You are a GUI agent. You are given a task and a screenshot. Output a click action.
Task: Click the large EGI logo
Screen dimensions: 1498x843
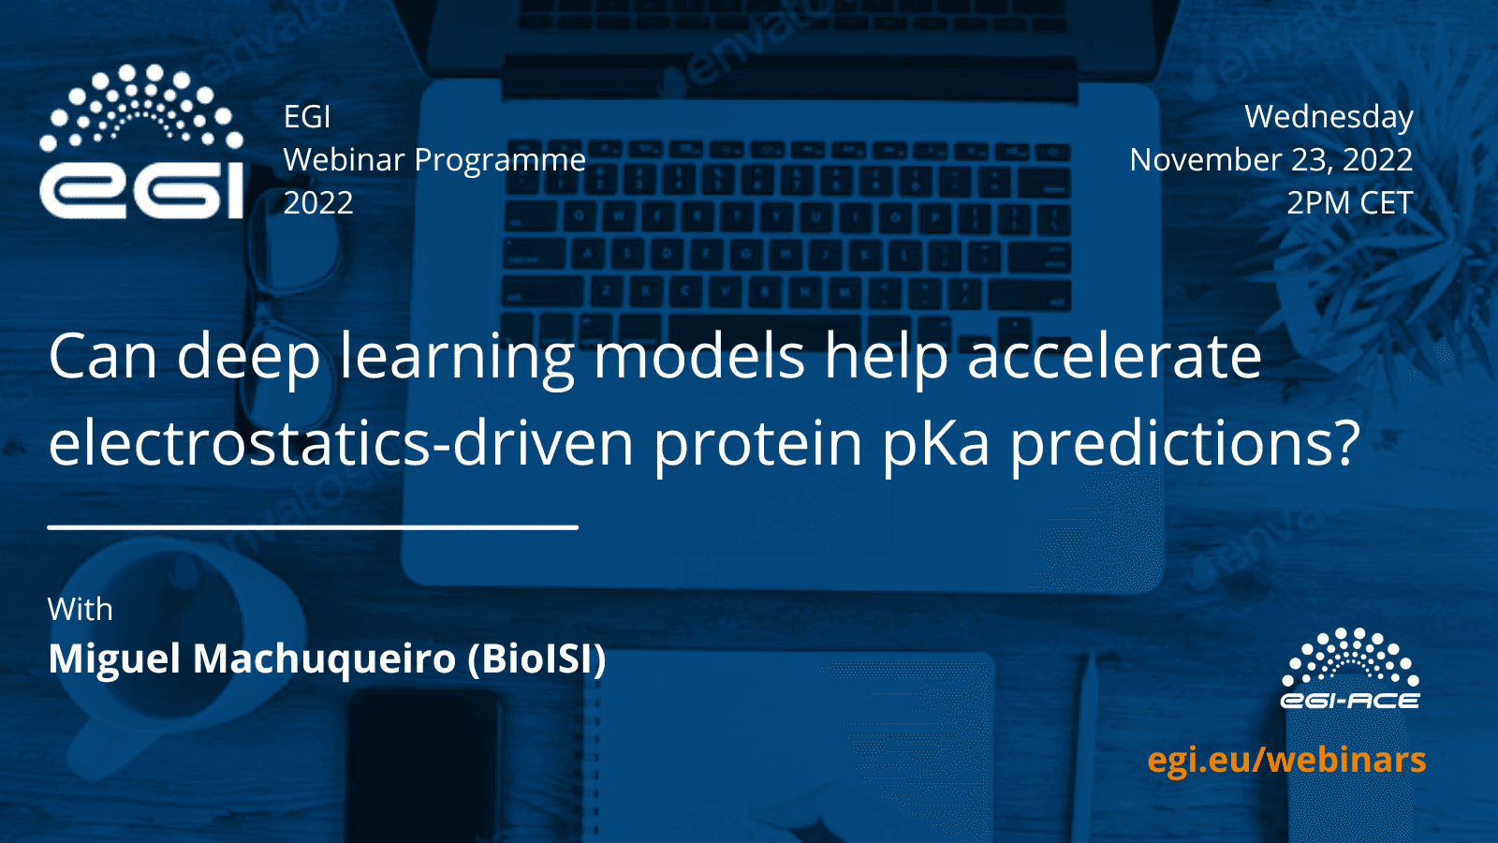pyautogui.click(x=141, y=141)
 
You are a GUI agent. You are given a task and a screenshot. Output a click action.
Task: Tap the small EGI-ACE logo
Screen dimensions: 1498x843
pyautogui.click(x=1350, y=669)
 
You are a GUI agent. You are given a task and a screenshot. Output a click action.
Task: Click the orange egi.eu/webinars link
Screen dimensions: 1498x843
pyautogui.click(x=1286, y=761)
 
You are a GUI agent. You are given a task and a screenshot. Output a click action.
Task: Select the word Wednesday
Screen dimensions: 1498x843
pyautogui.click(x=1329, y=117)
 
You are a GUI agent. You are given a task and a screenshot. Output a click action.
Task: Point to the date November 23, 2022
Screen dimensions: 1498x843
pyautogui.click(x=1271, y=160)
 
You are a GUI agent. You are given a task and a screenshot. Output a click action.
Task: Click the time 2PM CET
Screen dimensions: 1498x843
pyautogui.click(x=1350, y=202)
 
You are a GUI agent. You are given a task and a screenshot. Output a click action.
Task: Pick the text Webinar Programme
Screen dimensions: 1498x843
pyautogui.click(x=434, y=161)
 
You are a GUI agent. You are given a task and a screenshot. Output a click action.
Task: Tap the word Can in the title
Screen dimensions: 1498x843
pyautogui.click(x=103, y=357)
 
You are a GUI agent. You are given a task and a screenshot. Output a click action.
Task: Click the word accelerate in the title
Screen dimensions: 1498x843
pyautogui.click(x=1114, y=357)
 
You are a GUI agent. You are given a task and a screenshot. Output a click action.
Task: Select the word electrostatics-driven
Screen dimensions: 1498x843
pyautogui.click(x=341, y=443)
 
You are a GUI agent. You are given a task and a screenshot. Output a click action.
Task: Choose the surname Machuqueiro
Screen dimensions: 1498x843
pyautogui.click(x=325, y=660)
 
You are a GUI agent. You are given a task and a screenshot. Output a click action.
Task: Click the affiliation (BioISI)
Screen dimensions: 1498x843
pyautogui.click(x=537, y=659)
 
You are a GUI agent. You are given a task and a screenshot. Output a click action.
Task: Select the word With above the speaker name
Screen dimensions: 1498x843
pyautogui.click(x=81, y=610)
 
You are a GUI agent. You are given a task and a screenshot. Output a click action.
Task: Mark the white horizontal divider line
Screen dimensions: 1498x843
pyautogui.click(x=313, y=528)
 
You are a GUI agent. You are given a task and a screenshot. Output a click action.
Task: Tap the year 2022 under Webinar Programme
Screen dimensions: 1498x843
pyautogui.click(x=318, y=203)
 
